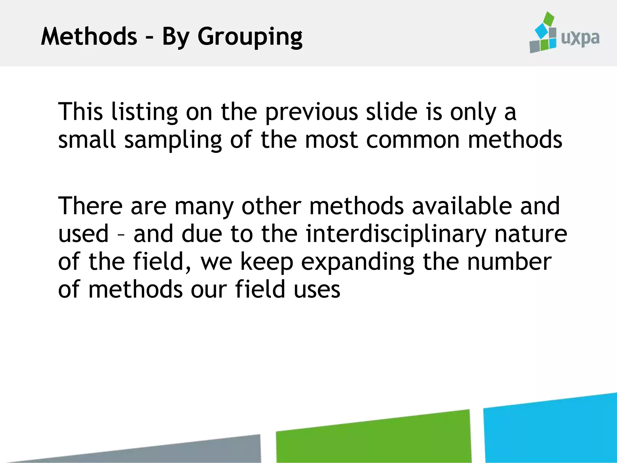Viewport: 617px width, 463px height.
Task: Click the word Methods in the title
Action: [89, 36]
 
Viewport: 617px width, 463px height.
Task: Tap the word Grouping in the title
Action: [250, 37]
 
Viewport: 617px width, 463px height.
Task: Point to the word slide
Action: [391, 112]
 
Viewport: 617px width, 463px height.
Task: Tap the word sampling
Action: [173, 140]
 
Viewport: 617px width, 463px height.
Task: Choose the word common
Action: [413, 140]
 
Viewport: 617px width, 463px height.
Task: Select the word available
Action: [462, 206]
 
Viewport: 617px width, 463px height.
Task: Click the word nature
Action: [531, 234]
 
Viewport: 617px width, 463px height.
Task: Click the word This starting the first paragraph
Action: [80, 112]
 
